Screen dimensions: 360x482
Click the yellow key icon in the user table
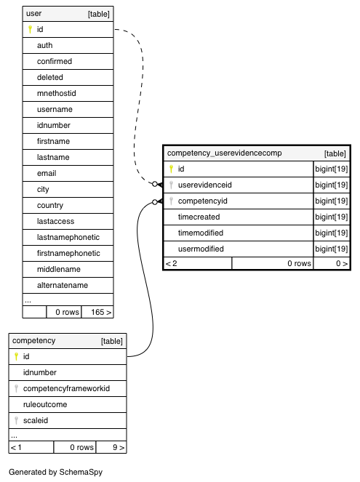coord(30,29)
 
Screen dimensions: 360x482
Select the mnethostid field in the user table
coord(56,93)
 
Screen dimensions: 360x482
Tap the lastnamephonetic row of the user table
coord(68,237)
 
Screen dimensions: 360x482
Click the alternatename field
coord(63,285)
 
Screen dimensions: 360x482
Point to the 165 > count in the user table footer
coord(101,313)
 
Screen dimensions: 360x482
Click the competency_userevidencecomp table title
coord(225,153)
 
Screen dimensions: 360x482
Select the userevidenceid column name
coord(205,185)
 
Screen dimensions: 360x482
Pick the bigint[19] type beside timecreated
coord(332,217)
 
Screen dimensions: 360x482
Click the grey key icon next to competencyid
coord(171,201)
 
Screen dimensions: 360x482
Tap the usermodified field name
coord(201,249)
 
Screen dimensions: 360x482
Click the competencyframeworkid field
coord(66,388)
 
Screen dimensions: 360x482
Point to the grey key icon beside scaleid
coord(16,420)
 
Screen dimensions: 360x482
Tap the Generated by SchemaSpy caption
coord(55,472)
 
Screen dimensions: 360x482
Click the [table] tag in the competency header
coord(111,341)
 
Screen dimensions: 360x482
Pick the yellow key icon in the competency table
coord(16,356)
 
